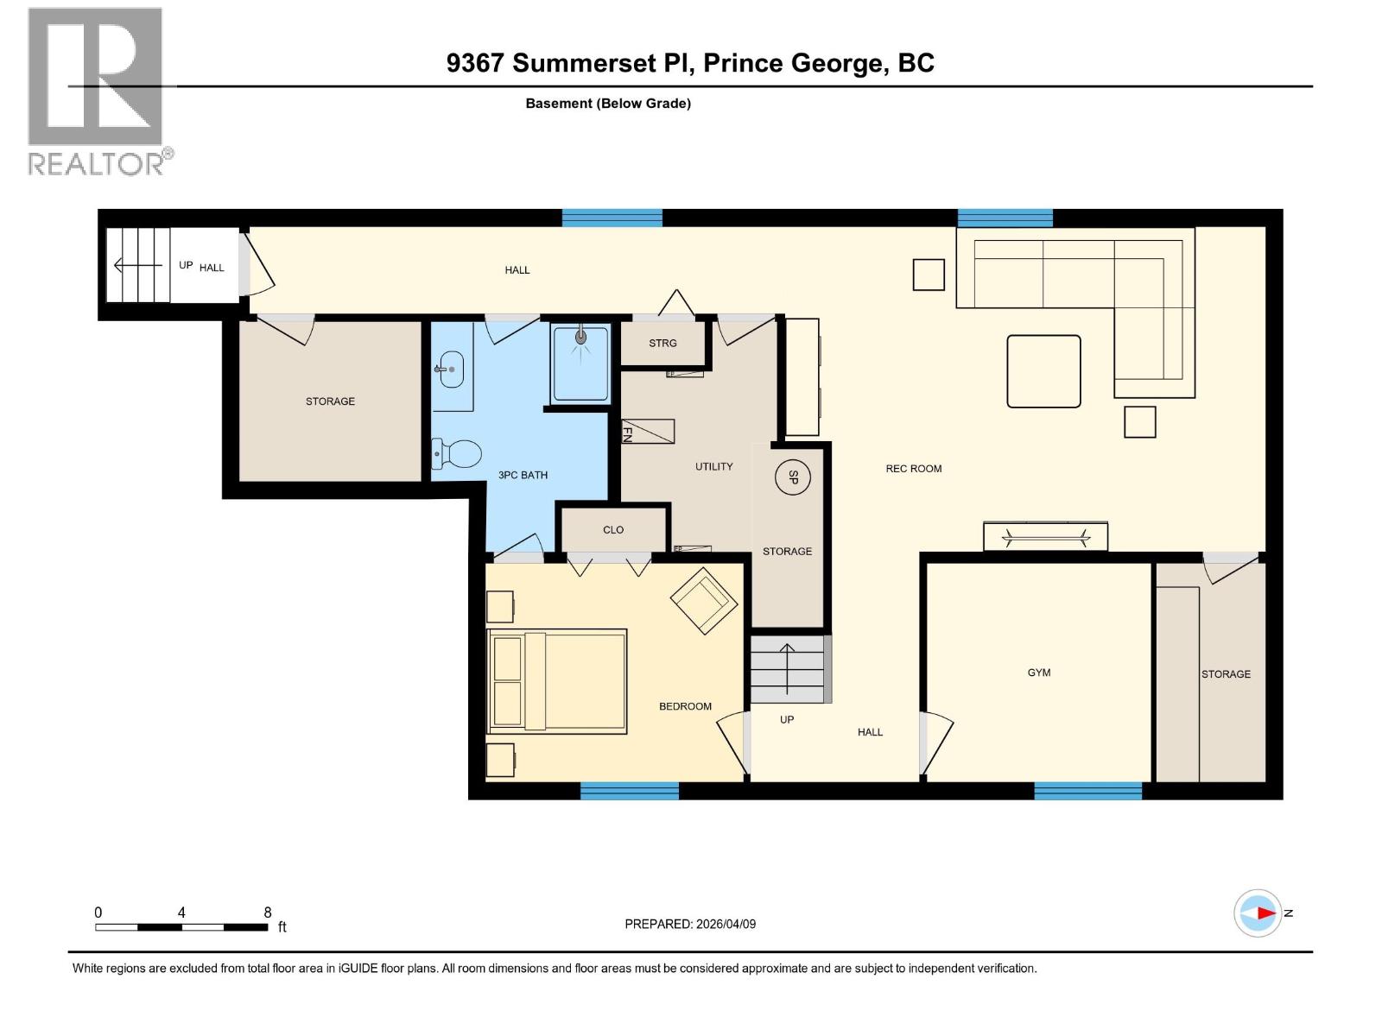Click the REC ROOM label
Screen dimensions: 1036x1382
(913, 469)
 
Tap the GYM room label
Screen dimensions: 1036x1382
(1038, 673)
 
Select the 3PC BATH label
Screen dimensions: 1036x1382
(523, 475)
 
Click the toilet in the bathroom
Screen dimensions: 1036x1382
(458, 453)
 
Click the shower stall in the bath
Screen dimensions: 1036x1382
(581, 363)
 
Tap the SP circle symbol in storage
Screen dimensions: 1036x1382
(792, 477)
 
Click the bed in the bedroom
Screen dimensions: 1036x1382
(557, 681)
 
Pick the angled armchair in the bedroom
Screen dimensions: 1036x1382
(704, 600)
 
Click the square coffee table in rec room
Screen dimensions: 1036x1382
(1043, 371)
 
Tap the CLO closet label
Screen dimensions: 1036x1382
(613, 530)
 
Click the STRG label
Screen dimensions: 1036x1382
(662, 344)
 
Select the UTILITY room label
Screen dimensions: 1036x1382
(713, 467)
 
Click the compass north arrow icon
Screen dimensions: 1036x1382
(1258, 913)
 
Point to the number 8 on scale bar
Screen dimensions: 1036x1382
(268, 913)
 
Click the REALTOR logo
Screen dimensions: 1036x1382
(97, 92)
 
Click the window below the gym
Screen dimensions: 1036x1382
(1087, 790)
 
